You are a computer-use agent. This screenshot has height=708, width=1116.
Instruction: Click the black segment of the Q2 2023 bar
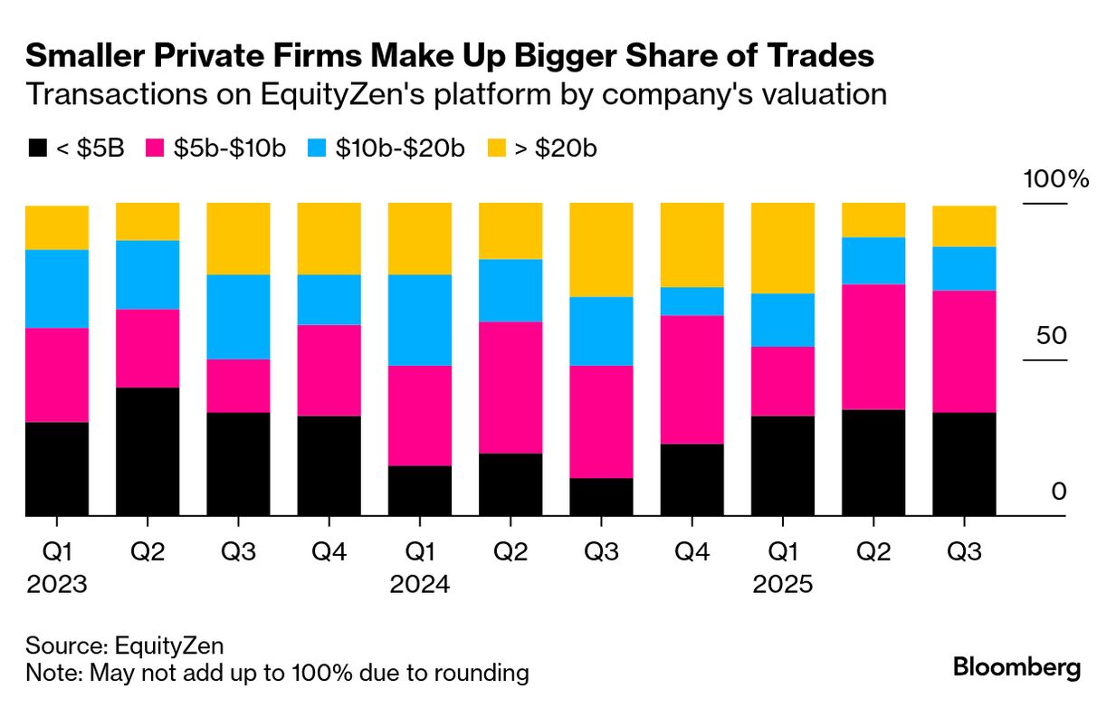[x=148, y=451]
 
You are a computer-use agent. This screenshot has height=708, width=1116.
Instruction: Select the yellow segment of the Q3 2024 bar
[x=601, y=249]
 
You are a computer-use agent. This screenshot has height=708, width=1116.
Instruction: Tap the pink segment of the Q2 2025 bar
[x=873, y=347]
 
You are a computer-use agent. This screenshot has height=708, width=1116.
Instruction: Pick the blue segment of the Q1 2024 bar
[x=420, y=320]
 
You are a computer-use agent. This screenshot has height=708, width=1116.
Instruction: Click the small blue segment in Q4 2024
[x=692, y=301]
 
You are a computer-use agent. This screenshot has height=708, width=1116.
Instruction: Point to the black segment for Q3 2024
[x=601, y=496]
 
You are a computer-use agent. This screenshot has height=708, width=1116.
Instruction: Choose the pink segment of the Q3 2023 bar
[x=238, y=386]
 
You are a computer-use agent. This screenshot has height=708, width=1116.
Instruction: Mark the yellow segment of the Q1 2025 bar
[x=783, y=248]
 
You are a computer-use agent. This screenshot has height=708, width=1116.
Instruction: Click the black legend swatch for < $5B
[x=38, y=148]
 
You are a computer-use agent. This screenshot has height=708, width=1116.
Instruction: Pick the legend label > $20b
[x=556, y=148]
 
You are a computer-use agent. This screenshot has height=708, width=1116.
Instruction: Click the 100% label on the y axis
[x=1055, y=178]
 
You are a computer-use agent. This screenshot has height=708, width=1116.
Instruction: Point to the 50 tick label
[x=1052, y=335]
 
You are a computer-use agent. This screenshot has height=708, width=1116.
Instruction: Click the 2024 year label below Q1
[x=420, y=585]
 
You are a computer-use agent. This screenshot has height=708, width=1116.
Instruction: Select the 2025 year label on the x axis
[x=783, y=585]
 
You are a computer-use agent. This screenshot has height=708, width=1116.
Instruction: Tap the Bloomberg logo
[x=1016, y=668]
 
